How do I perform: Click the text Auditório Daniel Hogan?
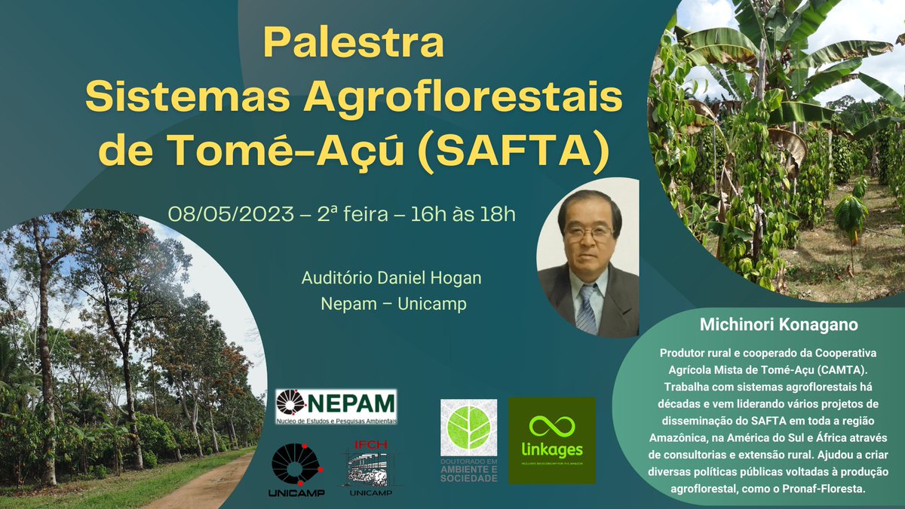(391, 279)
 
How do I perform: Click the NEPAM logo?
(336, 406)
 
